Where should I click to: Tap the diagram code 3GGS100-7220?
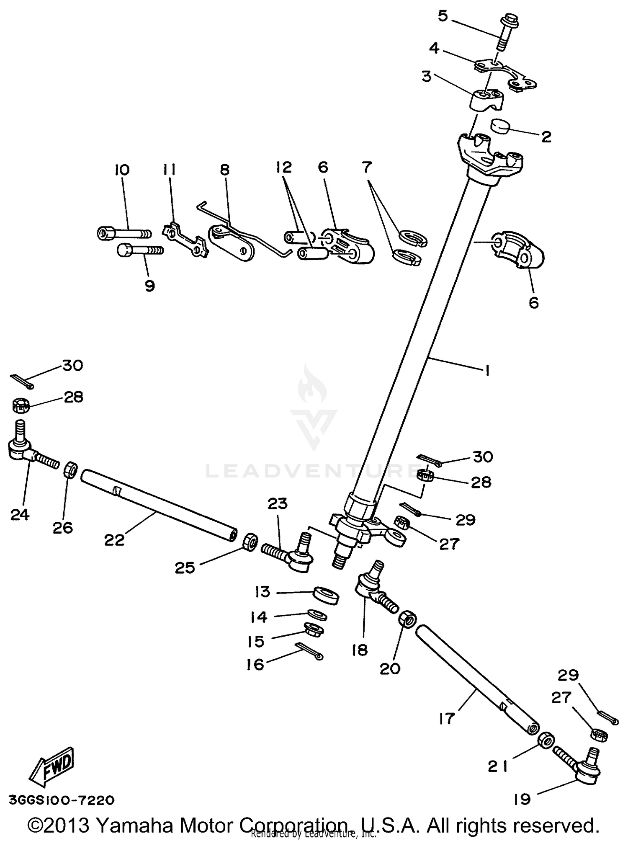tap(61, 800)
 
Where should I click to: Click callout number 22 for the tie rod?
tap(114, 540)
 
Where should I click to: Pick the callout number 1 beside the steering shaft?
tap(487, 370)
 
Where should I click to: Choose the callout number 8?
tap(225, 170)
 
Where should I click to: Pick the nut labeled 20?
tap(407, 619)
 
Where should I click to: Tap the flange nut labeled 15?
tap(312, 628)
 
